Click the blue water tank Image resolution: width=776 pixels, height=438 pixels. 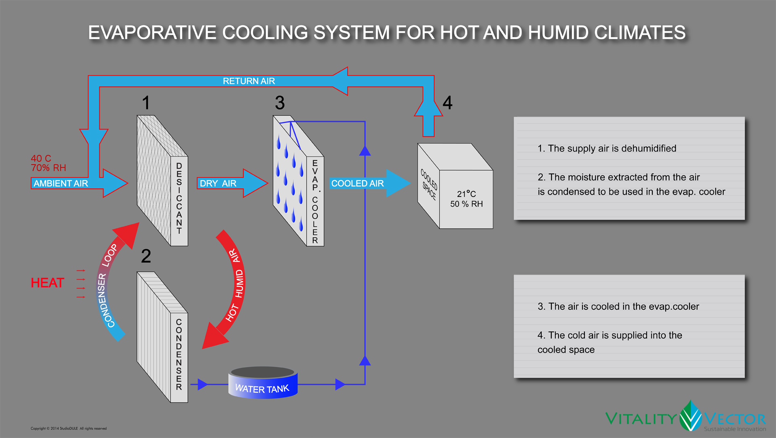[263, 384]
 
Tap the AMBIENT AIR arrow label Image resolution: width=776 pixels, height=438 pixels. [61, 184]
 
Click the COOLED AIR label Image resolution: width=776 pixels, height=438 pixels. [357, 184]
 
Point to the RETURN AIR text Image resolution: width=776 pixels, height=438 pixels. [249, 81]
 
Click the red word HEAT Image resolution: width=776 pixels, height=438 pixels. [47, 283]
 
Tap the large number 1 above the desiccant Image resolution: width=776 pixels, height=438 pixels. [146, 103]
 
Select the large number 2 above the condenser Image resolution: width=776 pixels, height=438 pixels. [146, 256]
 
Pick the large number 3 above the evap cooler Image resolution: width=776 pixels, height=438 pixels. [280, 103]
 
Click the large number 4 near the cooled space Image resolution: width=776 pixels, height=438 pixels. [447, 103]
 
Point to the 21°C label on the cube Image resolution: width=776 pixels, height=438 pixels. [466, 194]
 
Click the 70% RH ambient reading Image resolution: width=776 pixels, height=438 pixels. [48, 168]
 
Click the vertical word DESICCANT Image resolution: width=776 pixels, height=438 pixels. [179, 198]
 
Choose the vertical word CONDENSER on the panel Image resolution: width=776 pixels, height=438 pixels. [179, 354]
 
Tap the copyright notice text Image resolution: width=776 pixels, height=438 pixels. [69, 429]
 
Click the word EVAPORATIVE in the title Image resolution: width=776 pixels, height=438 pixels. [152, 33]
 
